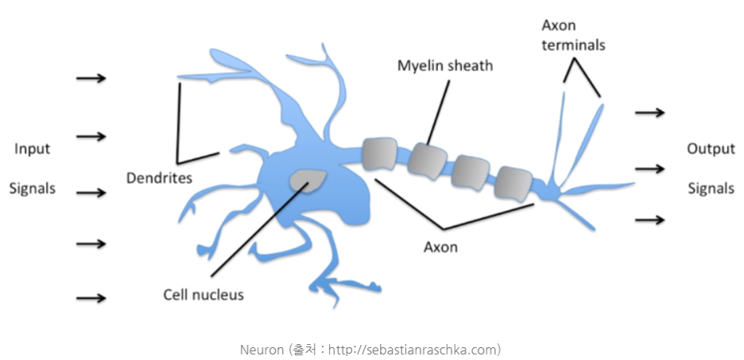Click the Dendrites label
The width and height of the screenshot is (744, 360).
[159, 177]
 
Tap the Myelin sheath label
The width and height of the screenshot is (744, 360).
[445, 65]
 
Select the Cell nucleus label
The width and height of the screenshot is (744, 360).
[203, 294]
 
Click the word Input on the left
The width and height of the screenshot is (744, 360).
[33, 149]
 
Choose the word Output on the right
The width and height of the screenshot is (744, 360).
[711, 149]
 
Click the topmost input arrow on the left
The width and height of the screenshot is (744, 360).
[91, 79]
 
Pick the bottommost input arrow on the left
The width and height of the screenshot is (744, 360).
[91, 298]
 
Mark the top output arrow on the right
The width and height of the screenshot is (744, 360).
[649, 112]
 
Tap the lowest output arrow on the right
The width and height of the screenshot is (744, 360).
[649, 219]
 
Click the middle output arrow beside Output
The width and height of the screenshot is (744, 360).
[649, 168]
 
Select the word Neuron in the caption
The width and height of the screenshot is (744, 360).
[260, 349]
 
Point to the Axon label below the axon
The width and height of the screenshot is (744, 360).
[440, 246]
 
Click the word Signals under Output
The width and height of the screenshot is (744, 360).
[711, 189]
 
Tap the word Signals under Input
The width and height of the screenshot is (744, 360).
[33, 189]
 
